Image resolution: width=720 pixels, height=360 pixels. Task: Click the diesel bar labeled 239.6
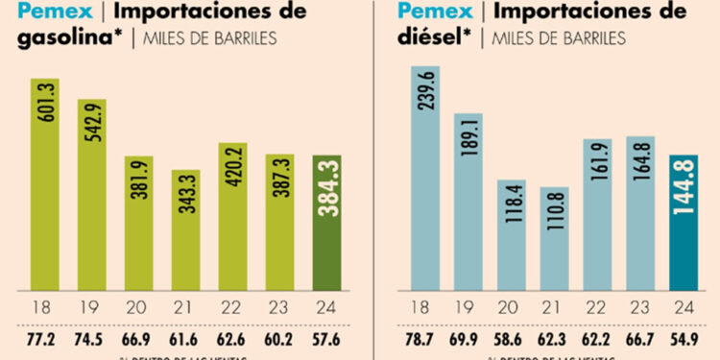[x=427, y=178]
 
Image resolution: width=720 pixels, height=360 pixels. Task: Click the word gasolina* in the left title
[x=57, y=37]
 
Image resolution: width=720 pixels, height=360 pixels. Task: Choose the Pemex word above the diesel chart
[x=423, y=12]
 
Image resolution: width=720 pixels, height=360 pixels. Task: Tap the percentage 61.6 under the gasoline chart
[x=186, y=339]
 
